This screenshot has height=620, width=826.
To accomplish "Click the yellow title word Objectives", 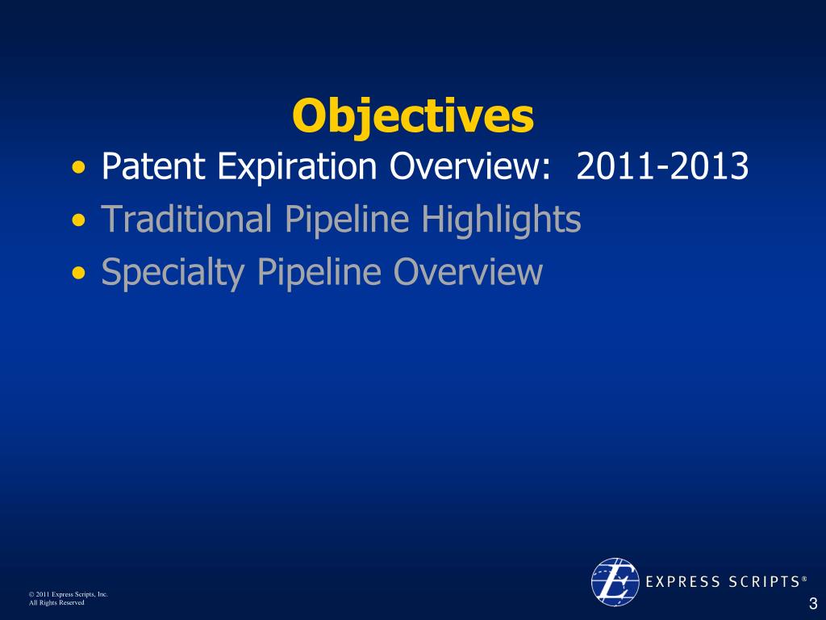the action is [413, 116].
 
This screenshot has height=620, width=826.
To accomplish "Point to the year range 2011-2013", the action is [662, 166].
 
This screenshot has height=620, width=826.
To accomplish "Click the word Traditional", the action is [186, 218].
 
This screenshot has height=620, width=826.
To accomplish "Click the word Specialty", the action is [173, 273].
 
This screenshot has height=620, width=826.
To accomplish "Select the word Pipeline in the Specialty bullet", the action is [319, 273].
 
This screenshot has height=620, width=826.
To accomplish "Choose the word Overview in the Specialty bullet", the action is [468, 271].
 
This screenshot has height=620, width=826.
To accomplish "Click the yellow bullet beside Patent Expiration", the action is [78, 168].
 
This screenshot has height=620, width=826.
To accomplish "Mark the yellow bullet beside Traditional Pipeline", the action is [78, 220].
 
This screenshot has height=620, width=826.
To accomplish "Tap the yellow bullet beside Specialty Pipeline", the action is [78, 273].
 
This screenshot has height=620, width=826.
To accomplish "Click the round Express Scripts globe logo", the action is [615, 582].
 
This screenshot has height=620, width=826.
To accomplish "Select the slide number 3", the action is [813, 604].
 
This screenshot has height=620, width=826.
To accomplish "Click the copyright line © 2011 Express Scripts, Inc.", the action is [68, 594].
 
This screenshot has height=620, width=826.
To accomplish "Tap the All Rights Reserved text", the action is [56, 602].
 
